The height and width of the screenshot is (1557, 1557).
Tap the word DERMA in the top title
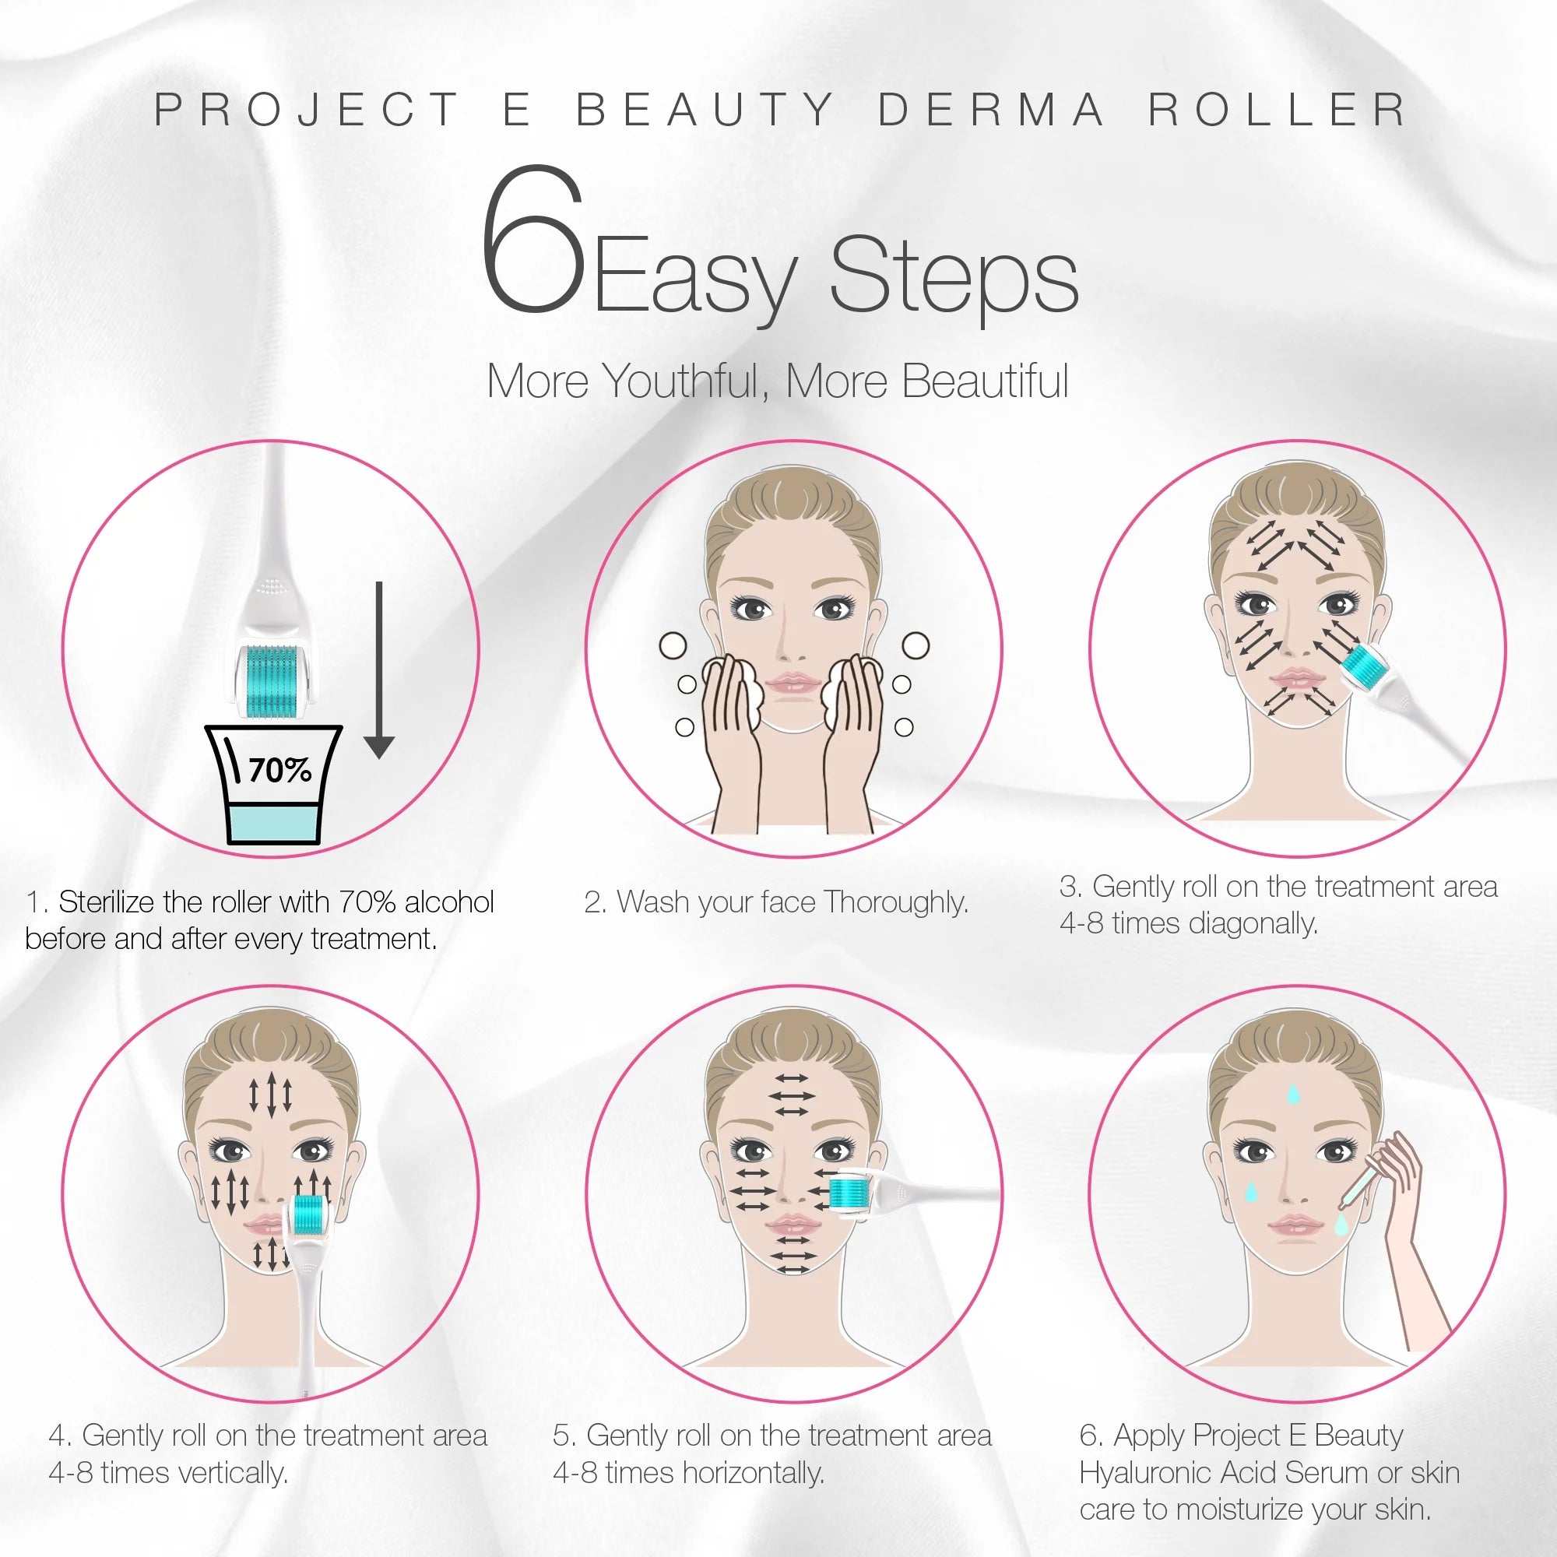click(x=991, y=111)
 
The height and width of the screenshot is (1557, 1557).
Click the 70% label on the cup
click(x=279, y=771)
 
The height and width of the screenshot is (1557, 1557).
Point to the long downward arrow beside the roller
click(x=379, y=669)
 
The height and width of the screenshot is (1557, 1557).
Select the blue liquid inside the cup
click(x=275, y=822)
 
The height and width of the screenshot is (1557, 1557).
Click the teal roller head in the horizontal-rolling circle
click(x=848, y=1193)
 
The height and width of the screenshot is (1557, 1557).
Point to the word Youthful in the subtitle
click(x=684, y=381)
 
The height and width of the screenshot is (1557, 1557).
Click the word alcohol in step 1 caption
click(x=449, y=902)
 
